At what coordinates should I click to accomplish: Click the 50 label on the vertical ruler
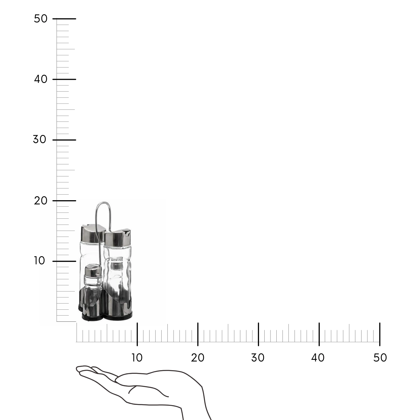[41, 19]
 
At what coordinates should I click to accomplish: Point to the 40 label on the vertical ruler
[41, 79]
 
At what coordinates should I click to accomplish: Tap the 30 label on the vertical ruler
[39, 139]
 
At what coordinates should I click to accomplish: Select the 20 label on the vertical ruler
[41, 200]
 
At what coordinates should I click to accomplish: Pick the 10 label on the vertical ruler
[39, 261]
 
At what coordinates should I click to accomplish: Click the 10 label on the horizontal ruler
[137, 358]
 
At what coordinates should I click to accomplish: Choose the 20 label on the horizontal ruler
[198, 358]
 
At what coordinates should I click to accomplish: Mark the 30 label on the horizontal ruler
[258, 358]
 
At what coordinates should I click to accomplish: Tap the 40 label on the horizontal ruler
[318, 358]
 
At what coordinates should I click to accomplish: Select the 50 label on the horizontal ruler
[380, 358]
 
